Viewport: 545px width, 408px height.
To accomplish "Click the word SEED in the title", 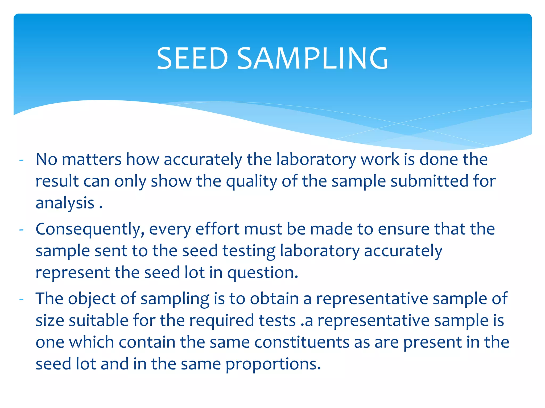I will pos(192,58).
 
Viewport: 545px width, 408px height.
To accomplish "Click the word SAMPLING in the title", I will pos(313,58).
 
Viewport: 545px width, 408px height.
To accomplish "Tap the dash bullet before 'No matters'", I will pos(22,160).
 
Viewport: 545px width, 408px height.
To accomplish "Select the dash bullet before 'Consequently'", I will pos(22,230).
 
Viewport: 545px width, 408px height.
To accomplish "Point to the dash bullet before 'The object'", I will pos(22,299).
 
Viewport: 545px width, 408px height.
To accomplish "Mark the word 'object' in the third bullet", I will pos(92,299).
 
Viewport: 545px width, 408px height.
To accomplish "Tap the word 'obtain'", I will pos(274,299).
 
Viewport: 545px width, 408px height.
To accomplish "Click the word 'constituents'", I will pos(302,342).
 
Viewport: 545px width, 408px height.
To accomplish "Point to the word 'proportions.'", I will pos(273,364).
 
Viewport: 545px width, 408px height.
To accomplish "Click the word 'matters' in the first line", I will pos(92,160).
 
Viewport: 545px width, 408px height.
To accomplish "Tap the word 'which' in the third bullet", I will pos(92,342).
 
